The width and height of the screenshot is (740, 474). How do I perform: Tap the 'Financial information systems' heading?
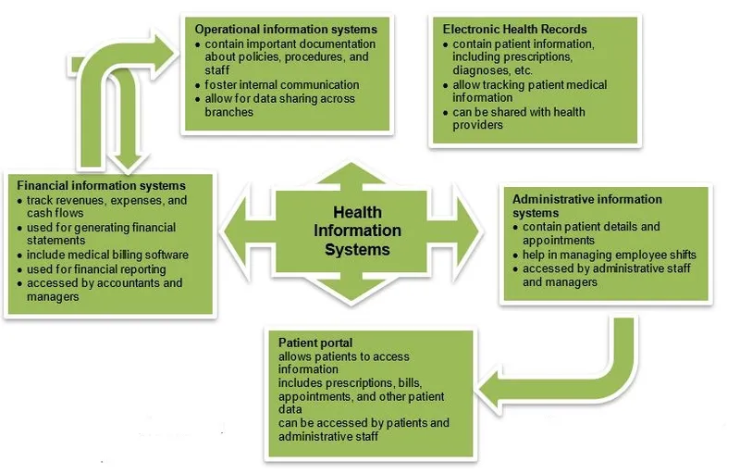(102, 186)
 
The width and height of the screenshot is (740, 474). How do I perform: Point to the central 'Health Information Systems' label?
(356, 231)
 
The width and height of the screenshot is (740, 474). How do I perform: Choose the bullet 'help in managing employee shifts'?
(609, 255)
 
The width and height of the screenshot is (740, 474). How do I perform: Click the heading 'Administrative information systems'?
(587, 206)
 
